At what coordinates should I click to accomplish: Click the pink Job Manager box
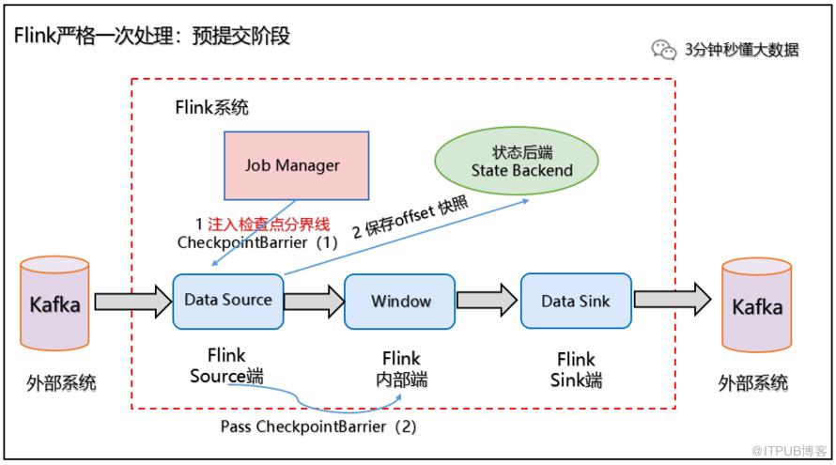(292, 165)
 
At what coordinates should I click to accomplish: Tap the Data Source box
(227, 301)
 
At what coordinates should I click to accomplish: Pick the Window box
(400, 302)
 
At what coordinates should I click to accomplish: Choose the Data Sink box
(576, 302)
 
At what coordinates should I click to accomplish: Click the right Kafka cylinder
(757, 307)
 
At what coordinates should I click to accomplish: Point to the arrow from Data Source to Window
(314, 302)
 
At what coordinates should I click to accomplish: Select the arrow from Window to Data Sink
(488, 302)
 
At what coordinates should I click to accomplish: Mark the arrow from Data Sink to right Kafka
(672, 302)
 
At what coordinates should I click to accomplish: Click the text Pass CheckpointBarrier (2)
(317, 426)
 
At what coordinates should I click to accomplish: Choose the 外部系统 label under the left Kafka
(61, 383)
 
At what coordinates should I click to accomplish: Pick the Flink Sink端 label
(576, 370)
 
